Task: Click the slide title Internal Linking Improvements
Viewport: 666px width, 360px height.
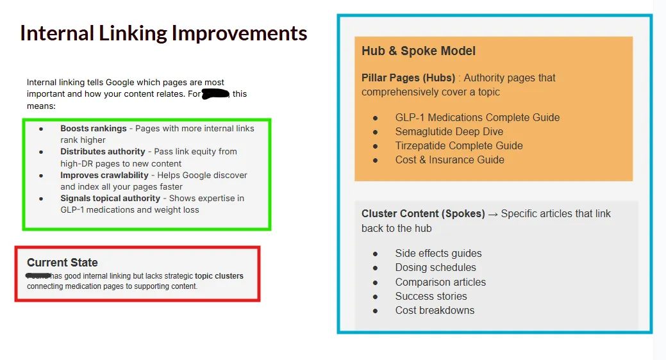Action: click(x=163, y=33)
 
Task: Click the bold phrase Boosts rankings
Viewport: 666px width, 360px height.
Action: click(x=94, y=129)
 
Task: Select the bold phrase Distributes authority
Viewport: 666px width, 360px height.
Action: click(x=103, y=152)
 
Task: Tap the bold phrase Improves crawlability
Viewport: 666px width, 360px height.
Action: click(x=104, y=175)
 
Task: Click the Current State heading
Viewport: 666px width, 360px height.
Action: click(x=62, y=263)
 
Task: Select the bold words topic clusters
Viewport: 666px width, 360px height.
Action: click(x=219, y=276)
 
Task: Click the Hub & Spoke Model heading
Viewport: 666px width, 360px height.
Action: click(x=419, y=51)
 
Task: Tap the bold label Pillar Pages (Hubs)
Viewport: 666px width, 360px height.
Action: click(x=408, y=78)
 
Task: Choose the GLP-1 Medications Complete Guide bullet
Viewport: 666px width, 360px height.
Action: click(x=477, y=118)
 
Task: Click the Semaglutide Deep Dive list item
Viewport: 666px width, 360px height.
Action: click(x=449, y=132)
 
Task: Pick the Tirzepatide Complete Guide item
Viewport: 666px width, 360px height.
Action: click(x=458, y=146)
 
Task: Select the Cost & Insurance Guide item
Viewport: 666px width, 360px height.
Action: click(x=449, y=160)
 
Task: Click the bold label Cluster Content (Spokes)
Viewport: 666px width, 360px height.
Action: click(x=423, y=214)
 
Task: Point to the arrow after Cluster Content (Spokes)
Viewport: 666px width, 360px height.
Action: click(x=493, y=214)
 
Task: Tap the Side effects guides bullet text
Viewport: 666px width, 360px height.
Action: click(x=438, y=254)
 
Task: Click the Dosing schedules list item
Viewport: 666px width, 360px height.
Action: click(x=435, y=268)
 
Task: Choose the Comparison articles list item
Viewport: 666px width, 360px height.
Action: click(x=440, y=282)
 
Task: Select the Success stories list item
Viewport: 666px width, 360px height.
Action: click(x=431, y=297)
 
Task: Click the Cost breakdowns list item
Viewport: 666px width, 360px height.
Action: click(x=435, y=311)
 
